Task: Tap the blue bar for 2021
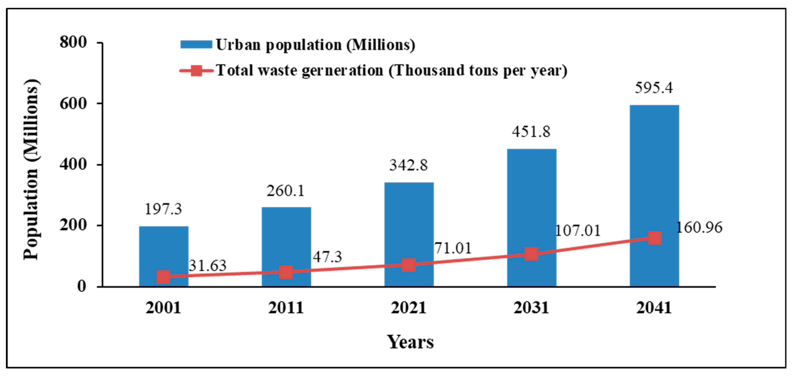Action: [409, 222]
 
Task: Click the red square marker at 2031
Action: [531, 254]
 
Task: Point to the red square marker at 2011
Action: [286, 272]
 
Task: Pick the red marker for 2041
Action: [654, 238]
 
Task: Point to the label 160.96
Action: [699, 228]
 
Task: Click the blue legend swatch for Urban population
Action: [196, 45]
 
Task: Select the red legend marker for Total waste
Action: [196, 71]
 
